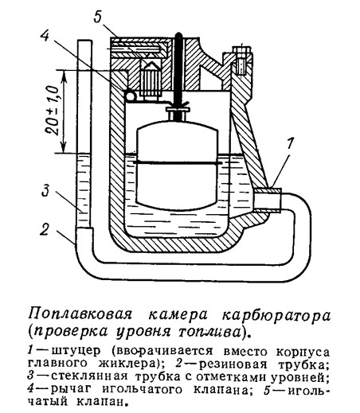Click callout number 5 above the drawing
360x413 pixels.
tap(98, 17)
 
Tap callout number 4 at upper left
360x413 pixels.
tap(45, 35)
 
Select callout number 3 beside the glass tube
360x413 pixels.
tap(45, 191)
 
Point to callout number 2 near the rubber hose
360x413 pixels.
tap(45, 229)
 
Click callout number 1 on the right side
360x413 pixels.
tap(290, 144)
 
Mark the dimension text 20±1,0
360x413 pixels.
tap(52, 110)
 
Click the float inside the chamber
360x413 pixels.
tap(178, 165)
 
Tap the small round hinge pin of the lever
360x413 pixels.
tap(131, 95)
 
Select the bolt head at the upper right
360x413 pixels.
tap(241, 51)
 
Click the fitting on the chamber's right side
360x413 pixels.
tap(268, 201)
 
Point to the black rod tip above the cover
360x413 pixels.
tap(178, 36)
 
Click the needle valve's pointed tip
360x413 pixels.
tap(151, 64)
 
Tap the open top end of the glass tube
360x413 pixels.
tap(85, 41)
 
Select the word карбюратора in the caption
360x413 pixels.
tap(276, 315)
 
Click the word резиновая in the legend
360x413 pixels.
tap(233, 364)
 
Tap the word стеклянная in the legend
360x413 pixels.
tap(89, 376)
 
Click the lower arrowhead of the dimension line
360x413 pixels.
tap(64, 148)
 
